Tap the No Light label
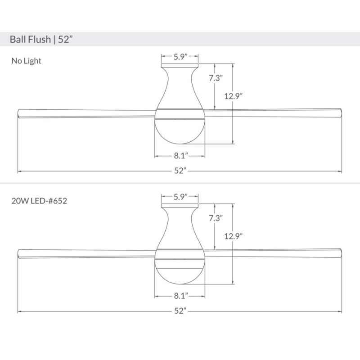(x=26, y=61)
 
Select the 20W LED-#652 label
(x=40, y=201)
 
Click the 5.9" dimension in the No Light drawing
(x=180, y=57)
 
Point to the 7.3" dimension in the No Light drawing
(x=216, y=78)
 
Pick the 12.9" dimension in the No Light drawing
(x=234, y=95)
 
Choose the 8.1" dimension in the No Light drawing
(x=180, y=156)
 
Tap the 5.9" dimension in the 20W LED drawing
(x=180, y=197)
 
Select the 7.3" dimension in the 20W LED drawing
(x=216, y=218)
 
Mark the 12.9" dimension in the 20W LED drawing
(x=234, y=235)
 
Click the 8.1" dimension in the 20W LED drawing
(x=180, y=296)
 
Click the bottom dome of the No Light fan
(x=180, y=130)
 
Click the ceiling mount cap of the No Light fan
(x=180, y=66)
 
